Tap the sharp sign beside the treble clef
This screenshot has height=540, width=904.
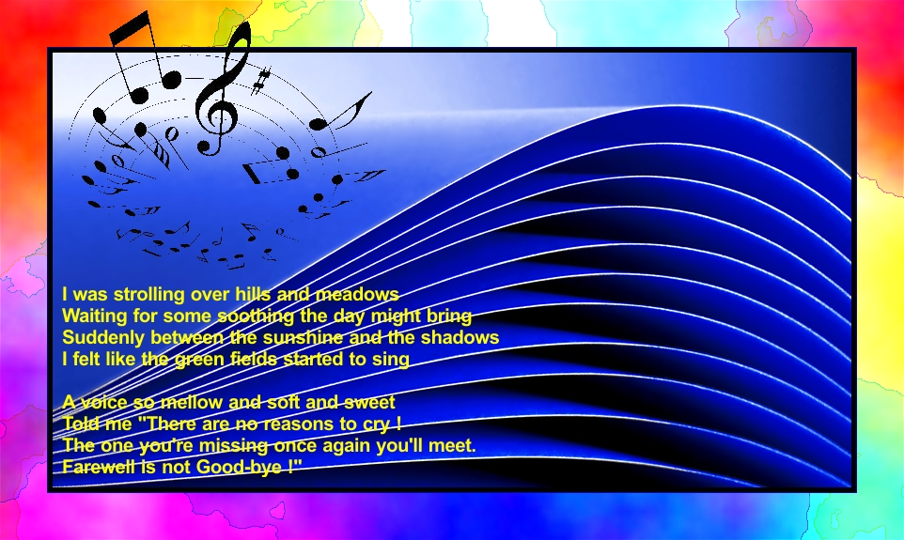click(261, 81)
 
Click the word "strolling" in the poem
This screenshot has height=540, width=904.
click(148, 295)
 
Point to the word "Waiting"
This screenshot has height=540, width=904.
click(95, 316)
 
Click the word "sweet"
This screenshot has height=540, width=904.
click(369, 402)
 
